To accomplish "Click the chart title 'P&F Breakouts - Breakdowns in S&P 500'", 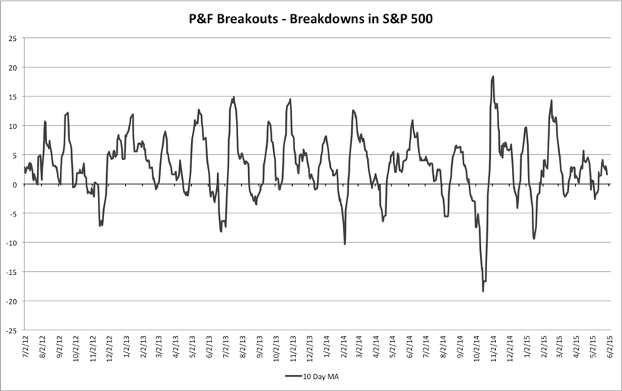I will pyautogui.click(x=311, y=16).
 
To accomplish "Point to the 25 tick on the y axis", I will pyautogui.click(x=13, y=38).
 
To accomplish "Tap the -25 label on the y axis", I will pyautogui.click(x=11, y=330).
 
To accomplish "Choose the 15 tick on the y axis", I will pyautogui.click(x=13, y=96).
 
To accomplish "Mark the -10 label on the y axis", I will pyautogui.click(x=11, y=243).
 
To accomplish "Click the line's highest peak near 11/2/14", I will pyautogui.click(x=493, y=77).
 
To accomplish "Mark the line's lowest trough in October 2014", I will pyautogui.click(x=482, y=291).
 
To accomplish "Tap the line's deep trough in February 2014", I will pyautogui.click(x=345, y=244).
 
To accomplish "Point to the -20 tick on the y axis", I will pyautogui.click(x=11, y=301).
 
